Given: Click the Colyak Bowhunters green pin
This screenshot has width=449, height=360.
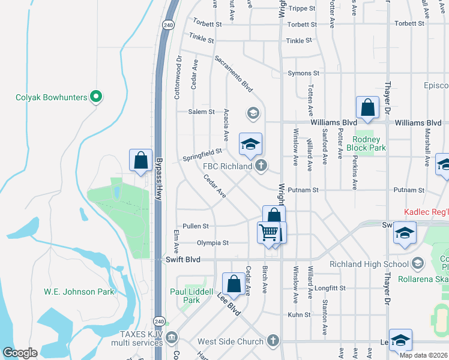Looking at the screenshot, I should (95, 96).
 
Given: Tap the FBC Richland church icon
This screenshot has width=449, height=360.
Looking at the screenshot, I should (261, 165).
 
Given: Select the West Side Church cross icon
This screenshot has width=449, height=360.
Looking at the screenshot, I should (273, 341).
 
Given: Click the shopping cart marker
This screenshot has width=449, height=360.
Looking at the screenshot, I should (268, 232).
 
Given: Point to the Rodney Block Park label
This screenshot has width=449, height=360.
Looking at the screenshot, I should (367, 143).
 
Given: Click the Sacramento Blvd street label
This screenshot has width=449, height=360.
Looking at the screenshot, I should (234, 73).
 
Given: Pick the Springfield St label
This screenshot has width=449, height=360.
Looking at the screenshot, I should (202, 155).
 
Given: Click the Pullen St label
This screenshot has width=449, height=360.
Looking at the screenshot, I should (196, 226).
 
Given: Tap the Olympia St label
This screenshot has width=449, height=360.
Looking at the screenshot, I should (212, 243).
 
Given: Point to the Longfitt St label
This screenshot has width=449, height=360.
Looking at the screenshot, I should (330, 288).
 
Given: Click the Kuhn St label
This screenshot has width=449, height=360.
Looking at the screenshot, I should (298, 314).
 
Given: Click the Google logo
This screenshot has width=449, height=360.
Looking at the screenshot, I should (20, 353).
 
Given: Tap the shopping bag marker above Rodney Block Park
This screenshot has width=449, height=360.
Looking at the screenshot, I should (367, 108).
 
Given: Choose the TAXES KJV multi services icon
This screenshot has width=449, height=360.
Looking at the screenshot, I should (172, 337).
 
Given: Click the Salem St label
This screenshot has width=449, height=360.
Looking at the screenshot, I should (201, 112).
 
